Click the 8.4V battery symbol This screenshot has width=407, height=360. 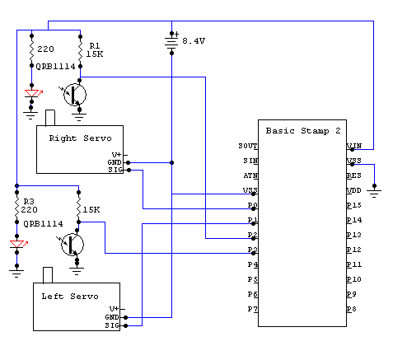pos(171,43)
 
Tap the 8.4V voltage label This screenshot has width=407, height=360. pos(194,41)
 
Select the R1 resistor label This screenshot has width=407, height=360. pos(95,45)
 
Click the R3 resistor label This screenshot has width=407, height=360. pos(29,201)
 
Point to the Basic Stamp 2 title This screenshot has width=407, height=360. pos(303,131)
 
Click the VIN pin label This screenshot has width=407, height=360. pos(354,146)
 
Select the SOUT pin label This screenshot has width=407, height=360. pos(248,146)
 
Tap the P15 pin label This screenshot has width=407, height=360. pos(354,205)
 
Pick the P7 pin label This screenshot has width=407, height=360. pos(253,309)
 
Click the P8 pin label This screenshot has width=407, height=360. pos(352,309)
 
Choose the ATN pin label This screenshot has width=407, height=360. pos(250,175)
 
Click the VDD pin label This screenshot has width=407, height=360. pos(354,190)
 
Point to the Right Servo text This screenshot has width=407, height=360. pos(80,138)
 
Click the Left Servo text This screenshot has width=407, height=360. pos(70,297)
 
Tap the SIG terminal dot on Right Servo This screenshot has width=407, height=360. pos(129,171)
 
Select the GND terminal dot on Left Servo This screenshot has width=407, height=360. pos(125,317)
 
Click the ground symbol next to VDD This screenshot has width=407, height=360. pos(374,191)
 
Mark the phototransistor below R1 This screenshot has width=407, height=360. pos(74,95)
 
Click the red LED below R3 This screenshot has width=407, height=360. pos(17,244)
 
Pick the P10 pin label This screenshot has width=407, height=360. pos(354,279)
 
